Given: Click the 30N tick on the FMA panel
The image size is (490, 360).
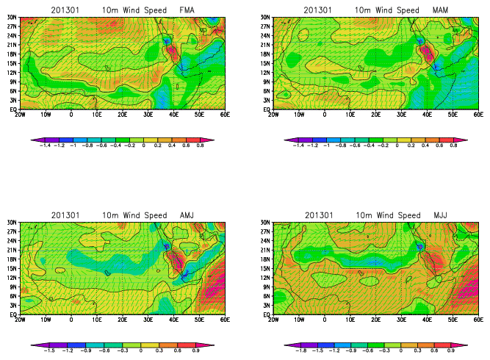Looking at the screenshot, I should click(x=12, y=18).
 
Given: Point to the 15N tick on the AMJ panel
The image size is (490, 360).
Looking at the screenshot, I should click(x=12, y=268).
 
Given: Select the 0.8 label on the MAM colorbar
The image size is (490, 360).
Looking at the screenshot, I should click(x=453, y=146).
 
